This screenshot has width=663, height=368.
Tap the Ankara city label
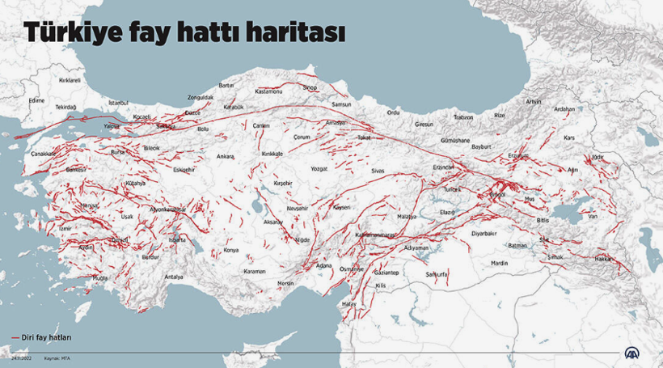point(225,156)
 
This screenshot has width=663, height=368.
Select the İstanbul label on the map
point(119,103)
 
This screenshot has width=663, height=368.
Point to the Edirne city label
point(36,100)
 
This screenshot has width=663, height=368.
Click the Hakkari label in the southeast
point(603,258)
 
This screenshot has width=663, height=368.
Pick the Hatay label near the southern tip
point(349,303)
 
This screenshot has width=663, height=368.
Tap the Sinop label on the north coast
point(310,87)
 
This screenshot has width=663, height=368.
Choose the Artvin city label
point(534,101)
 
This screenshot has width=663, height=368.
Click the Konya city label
point(231,250)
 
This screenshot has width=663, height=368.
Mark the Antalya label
point(174,277)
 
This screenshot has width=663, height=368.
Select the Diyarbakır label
point(484,233)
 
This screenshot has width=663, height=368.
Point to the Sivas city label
point(378,171)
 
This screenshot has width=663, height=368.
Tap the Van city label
point(592,216)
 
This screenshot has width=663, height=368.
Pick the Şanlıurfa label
point(437,274)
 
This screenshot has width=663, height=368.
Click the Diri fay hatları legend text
point(41,337)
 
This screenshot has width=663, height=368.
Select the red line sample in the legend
point(15,337)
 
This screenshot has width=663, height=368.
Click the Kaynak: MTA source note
point(56,357)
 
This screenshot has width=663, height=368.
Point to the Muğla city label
point(99,277)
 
